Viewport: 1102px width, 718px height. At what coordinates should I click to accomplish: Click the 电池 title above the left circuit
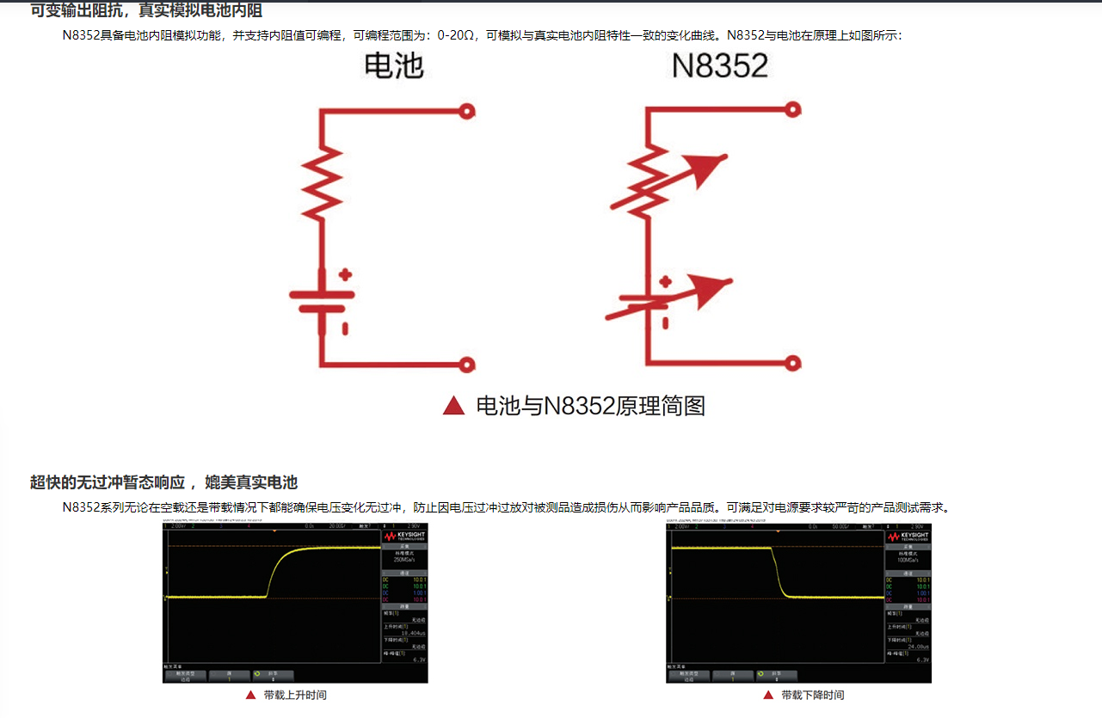[394, 66]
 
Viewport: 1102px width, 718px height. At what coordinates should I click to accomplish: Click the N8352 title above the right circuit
[720, 66]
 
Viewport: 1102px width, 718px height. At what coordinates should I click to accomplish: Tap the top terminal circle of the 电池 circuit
[468, 110]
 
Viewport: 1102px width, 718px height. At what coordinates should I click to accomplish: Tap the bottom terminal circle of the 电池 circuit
[468, 365]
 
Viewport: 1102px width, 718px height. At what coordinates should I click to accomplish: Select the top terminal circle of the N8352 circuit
[793, 109]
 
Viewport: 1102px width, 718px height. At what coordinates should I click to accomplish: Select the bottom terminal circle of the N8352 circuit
[793, 364]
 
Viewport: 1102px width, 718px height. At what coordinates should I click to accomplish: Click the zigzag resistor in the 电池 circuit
[322, 182]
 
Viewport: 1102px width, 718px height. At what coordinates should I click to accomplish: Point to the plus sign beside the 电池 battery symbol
[345, 275]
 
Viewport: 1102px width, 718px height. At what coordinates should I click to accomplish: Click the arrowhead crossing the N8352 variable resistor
[711, 168]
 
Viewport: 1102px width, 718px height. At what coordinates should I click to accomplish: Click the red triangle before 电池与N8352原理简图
[453, 405]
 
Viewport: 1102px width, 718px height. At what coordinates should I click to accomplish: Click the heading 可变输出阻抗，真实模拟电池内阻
[146, 11]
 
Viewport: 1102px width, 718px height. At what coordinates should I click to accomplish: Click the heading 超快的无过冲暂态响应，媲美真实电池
[163, 482]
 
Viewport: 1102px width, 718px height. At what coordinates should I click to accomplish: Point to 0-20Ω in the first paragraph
[457, 36]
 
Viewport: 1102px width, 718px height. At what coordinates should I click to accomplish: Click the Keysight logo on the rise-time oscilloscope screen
[404, 536]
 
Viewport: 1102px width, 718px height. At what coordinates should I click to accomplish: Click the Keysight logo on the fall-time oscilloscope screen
[908, 536]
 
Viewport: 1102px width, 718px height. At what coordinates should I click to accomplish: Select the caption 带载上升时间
[295, 695]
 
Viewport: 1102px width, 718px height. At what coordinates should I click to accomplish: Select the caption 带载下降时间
[812, 695]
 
